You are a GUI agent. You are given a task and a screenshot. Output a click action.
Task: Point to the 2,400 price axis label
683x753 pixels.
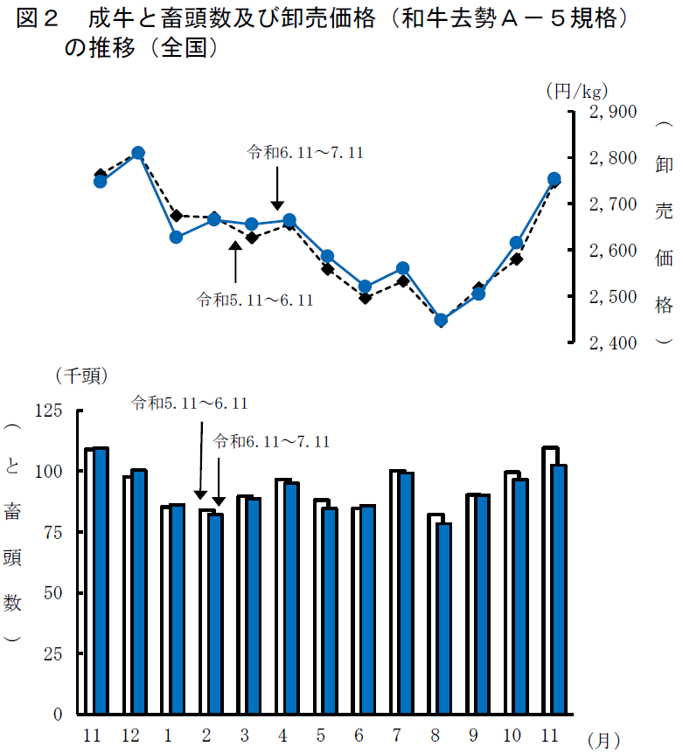tap(611, 343)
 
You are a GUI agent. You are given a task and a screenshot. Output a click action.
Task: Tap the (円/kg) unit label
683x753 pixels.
tap(576, 89)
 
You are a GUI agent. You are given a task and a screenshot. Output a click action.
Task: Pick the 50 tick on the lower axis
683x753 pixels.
tap(53, 593)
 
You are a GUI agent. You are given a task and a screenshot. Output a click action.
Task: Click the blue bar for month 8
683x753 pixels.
tap(444, 618)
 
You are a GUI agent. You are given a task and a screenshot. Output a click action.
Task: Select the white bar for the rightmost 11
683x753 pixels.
tap(548, 580)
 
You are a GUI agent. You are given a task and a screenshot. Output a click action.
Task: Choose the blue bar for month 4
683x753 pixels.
tap(291, 598)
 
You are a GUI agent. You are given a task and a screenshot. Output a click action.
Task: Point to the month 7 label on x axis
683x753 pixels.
tap(398, 736)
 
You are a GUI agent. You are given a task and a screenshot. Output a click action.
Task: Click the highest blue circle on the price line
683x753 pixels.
tap(137, 154)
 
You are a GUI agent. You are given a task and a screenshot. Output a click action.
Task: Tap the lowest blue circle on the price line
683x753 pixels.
tap(441, 321)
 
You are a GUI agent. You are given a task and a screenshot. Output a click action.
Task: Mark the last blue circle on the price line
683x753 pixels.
tap(554, 179)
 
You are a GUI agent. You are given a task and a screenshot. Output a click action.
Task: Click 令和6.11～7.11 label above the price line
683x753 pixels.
tap(305, 152)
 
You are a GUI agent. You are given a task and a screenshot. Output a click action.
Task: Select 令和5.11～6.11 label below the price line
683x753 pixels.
tap(255, 300)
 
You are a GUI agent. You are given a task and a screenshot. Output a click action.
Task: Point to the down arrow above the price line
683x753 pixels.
tap(277, 187)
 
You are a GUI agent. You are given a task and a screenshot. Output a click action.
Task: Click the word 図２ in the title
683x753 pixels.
tap(37, 19)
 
